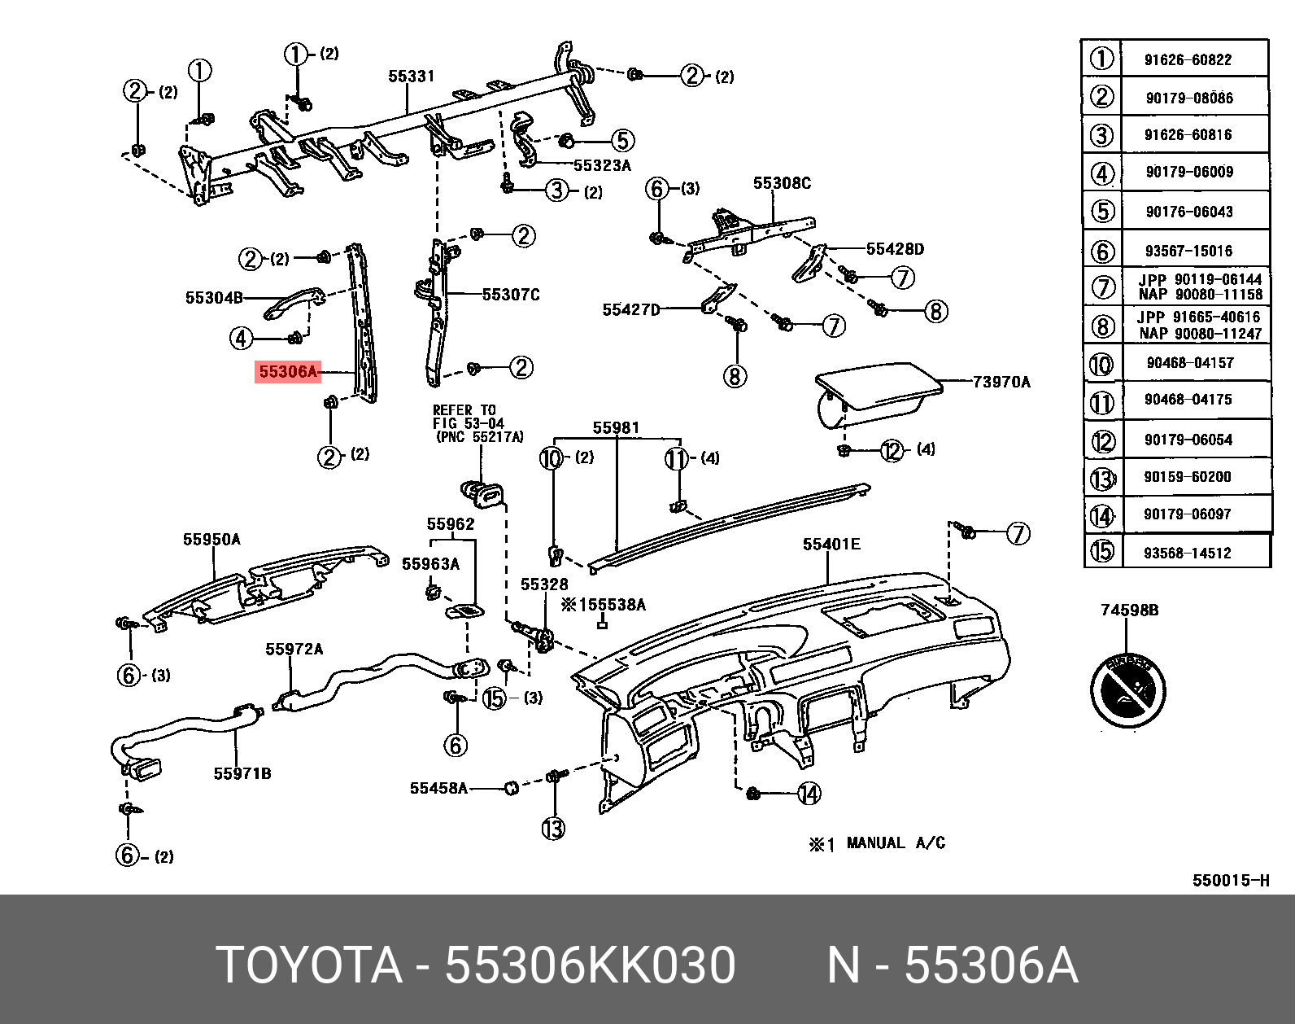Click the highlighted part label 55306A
[x=287, y=372]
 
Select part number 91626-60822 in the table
[x=1188, y=59]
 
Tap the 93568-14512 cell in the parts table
[x=1188, y=553]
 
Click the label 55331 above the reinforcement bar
[x=412, y=77]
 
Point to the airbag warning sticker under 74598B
[x=1127, y=690]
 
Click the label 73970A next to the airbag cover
[x=1001, y=382]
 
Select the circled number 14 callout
[x=809, y=793]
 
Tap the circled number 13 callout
[x=553, y=829]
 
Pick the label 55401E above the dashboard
[x=831, y=544]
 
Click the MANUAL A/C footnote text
[x=895, y=843]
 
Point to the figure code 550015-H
[x=1230, y=880]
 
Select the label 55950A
[x=211, y=540]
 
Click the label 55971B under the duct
[x=242, y=773]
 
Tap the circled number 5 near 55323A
[x=622, y=141]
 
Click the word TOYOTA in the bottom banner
[x=309, y=965]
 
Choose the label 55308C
[x=782, y=183]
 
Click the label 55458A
[x=438, y=788]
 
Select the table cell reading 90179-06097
[x=1188, y=514]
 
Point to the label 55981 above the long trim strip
[x=616, y=427]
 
